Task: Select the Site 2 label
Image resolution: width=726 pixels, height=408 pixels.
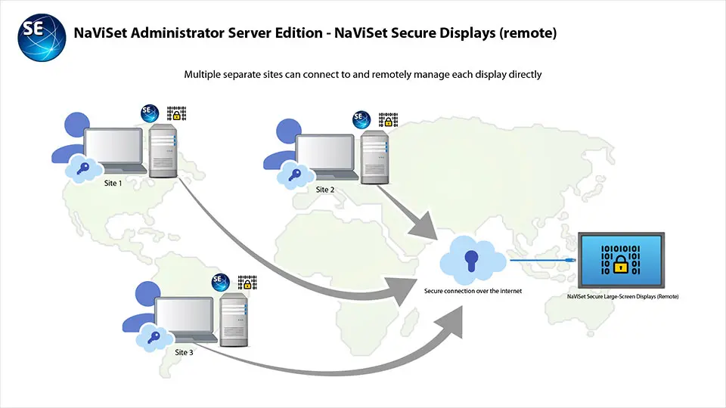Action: [x=324, y=189]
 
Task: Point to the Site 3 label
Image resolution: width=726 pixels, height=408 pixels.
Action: [x=185, y=351]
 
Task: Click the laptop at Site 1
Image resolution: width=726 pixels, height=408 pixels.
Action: [x=113, y=152]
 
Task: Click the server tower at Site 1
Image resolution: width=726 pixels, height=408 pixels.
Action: [x=163, y=150]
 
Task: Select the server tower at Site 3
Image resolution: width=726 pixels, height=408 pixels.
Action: [x=234, y=318]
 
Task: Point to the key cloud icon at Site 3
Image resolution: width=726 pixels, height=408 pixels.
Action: [x=152, y=338]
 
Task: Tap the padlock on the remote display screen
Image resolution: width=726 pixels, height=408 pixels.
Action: [x=620, y=264]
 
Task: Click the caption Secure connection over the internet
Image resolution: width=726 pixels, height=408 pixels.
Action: [x=473, y=290]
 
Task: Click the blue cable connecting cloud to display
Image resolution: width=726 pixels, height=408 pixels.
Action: [x=541, y=260]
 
